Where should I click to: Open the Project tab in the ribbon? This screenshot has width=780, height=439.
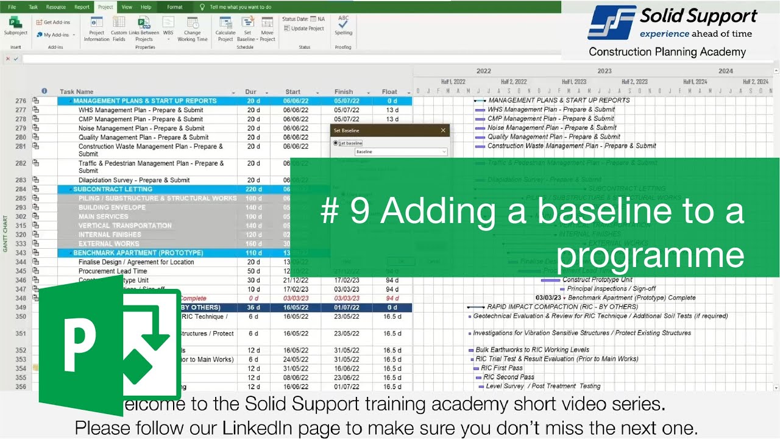pyautogui.click(x=105, y=7)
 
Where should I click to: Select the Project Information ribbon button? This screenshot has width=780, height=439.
pyautogui.click(x=96, y=28)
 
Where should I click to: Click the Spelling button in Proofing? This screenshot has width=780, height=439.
pyautogui.click(x=343, y=26)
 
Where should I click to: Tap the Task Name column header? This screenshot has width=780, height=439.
pyautogui.click(x=76, y=92)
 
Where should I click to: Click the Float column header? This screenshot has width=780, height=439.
pyautogui.click(x=389, y=92)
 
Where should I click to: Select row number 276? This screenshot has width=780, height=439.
pyautogui.click(x=21, y=101)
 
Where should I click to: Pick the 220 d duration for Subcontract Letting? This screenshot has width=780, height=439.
pyautogui.click(x=253, y=189)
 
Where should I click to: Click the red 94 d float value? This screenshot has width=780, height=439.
pyautogui.click(x=392, y=298)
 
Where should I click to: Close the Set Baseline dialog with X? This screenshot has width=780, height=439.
pyautogui.click(x=443, y=130)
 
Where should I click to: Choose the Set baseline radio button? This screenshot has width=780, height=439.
pyautogui.click(x=335, y=143)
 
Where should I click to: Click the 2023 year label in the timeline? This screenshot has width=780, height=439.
pyautogui.click(x=604, y=71)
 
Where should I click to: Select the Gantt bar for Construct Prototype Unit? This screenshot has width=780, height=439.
pyautogui.click(x=550, y=280)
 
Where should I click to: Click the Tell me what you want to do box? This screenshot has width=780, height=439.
pyautogui.click(x=240, y=7)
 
